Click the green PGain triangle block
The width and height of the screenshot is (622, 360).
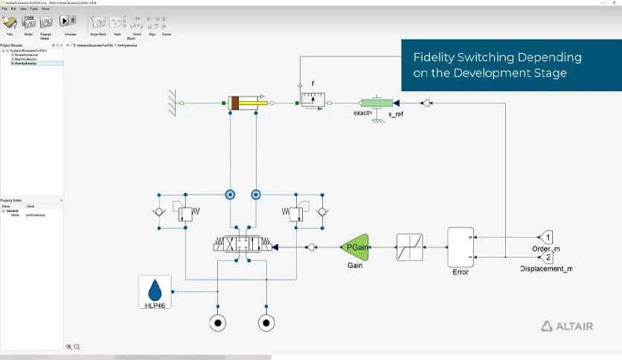[x=355, y=247]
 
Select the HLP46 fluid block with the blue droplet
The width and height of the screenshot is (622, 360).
[x=155, y=292]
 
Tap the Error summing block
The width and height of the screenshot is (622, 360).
[x=460, y=247]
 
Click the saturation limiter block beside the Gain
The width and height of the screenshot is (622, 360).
[x=410, y=247]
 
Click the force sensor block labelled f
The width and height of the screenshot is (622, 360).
[x=313, y=99]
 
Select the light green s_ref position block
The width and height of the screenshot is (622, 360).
[x=376, y=103]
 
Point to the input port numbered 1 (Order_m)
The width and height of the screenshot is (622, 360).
[x=545, y=237]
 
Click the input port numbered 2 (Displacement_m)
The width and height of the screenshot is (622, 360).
[x=545, y=257]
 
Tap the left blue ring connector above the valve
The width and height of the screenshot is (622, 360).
[x=230, y=195]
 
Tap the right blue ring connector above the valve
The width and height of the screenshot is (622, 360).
[x=255, y=195]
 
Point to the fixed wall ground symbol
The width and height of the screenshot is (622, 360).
[x=173, y=103]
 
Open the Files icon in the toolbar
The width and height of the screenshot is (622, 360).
[x=10, y=23]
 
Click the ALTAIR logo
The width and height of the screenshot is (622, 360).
[x=567, y=326]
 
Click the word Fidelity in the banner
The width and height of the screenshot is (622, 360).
[x=437, y=57]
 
